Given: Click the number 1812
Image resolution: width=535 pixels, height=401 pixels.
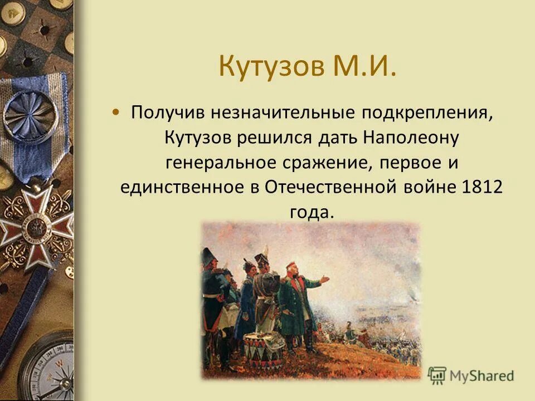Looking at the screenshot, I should (x=482, y=187).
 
